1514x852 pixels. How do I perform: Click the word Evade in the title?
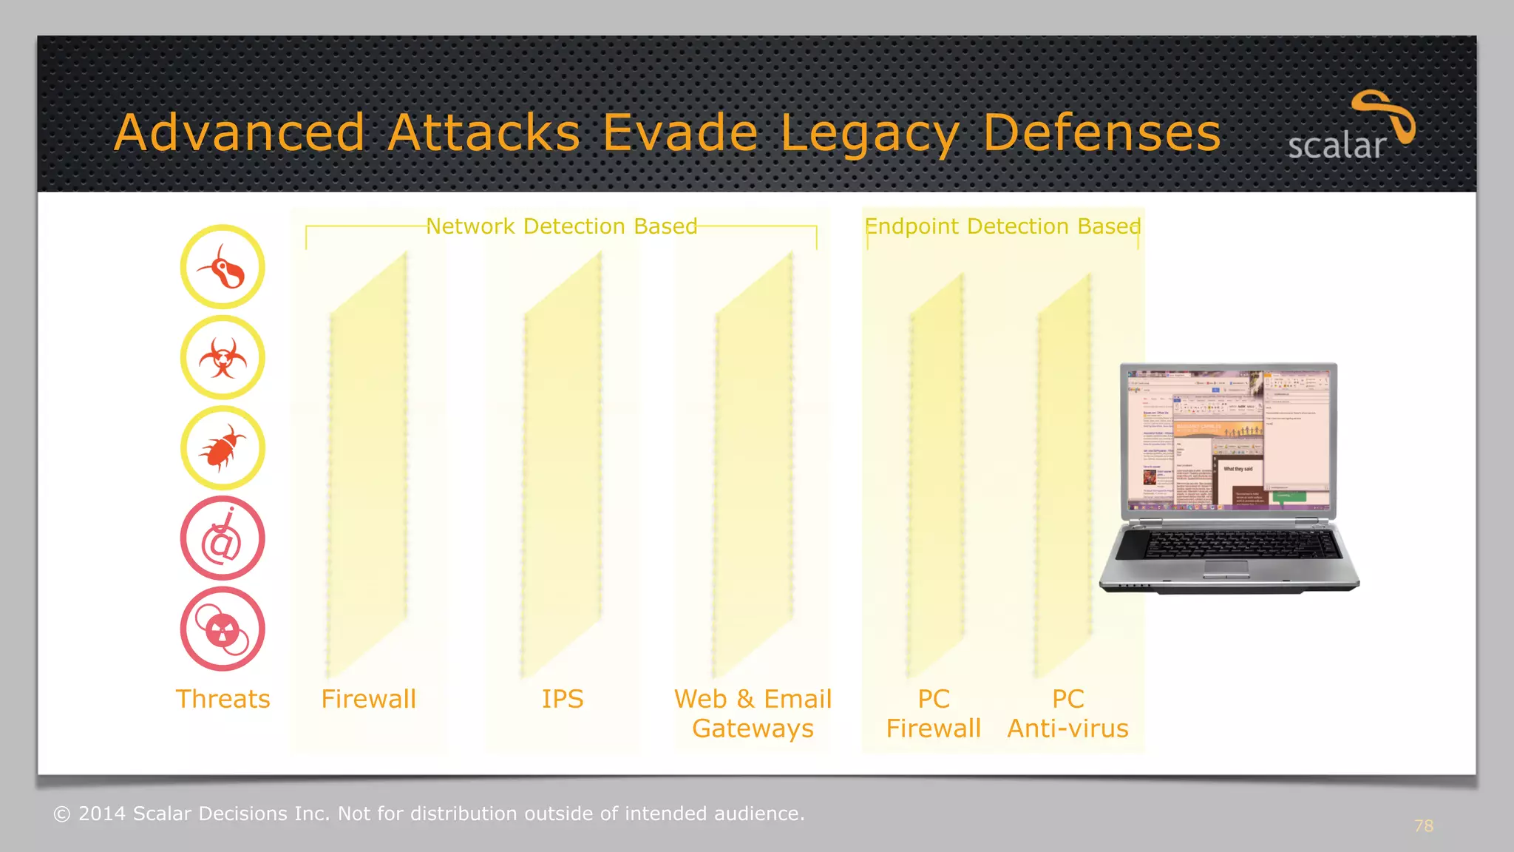(x=680, y=133)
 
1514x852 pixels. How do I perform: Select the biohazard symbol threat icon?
(x=223, y=358)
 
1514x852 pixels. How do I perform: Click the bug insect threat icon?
(x=223, y=448)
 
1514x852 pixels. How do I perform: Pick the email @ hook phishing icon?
(x=223, y=538)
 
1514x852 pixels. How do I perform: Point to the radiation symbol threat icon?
(x=223, y=629)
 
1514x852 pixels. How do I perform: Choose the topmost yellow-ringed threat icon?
(x=223, y=267)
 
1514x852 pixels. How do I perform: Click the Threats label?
(x=223, y=699)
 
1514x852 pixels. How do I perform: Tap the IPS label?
(x=562, y=699)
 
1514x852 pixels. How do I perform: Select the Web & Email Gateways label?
(x=753, y=714)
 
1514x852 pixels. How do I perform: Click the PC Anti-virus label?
(x=1067, y=714)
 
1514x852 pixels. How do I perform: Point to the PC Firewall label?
(x=933, y=714)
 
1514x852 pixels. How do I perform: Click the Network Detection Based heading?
(x=561, y=226)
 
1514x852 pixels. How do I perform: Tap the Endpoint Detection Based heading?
(x=1002, y=226)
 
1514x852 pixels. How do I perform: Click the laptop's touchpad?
(x=1226, y=569)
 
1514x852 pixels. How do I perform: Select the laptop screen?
(x=1228, y=440)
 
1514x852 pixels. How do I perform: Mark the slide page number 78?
(x=1423, y=826)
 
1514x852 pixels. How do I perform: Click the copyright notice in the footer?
(x=429, y=814)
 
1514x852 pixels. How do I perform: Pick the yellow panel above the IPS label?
(x=562, y=466)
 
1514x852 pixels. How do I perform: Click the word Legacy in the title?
(x=869, y=135)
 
